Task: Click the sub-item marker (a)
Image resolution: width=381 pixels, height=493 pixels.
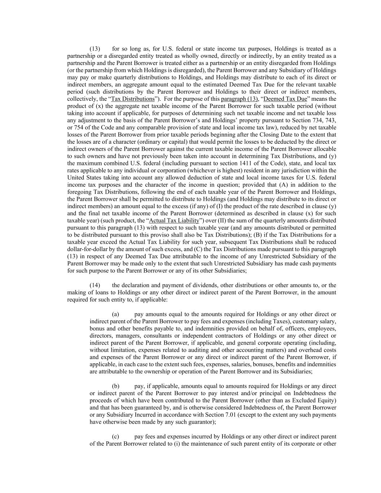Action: point(116,314)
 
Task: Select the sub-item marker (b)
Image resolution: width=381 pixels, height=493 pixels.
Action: point(116,386)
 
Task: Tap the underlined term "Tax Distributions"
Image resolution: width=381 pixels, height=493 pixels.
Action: point(133,99)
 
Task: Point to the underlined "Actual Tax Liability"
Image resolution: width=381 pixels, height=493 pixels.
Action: point(174,221)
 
